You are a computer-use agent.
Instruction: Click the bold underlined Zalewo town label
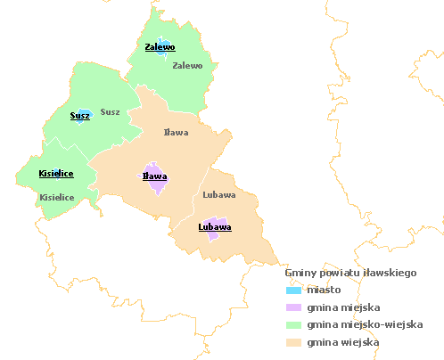160,47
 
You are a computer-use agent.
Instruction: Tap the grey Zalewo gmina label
187,65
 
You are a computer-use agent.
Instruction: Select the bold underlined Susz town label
79,116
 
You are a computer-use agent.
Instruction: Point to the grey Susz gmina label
110,111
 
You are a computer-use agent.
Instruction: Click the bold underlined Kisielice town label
55,173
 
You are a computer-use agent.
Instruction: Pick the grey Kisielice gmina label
57,197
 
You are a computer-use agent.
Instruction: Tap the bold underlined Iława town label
155,176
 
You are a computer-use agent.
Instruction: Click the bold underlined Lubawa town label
214,227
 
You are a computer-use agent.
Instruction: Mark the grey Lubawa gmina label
218,194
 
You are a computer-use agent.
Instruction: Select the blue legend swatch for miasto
293,290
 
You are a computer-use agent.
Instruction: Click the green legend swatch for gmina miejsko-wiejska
293,324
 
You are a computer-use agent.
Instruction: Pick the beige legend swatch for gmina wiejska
293,342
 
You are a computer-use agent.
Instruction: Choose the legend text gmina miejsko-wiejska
364,324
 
